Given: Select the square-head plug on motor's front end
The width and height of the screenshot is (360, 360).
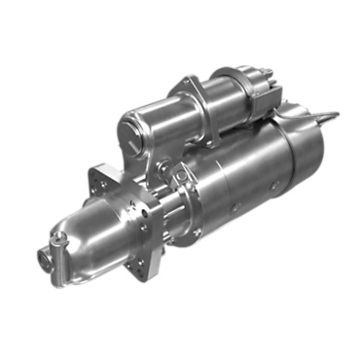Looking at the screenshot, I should click(x=179, y=173).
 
